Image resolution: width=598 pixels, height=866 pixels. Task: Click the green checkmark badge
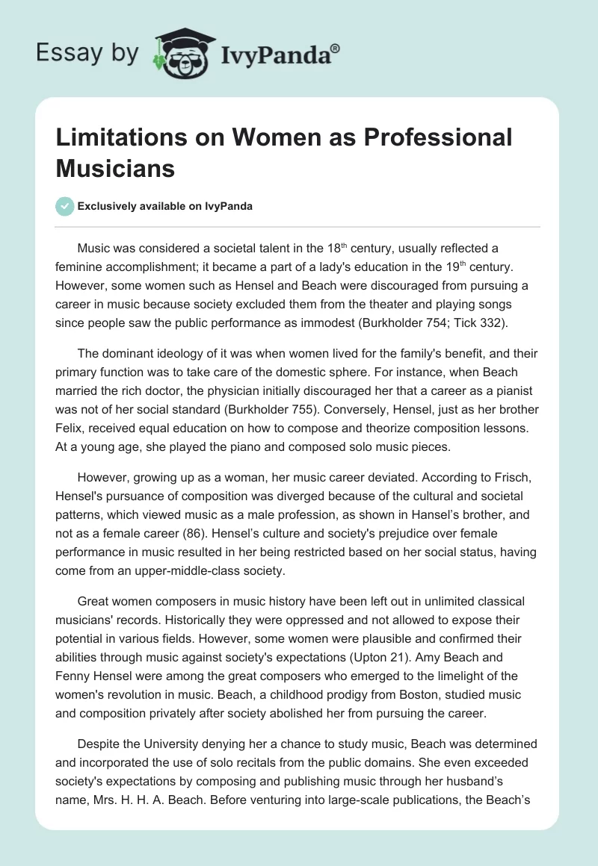pos(66,207)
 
